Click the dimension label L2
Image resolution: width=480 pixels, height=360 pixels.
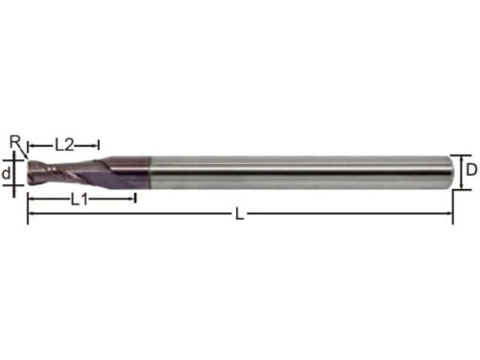click(x=64, y=145)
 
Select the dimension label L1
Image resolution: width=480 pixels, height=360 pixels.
click(x=79, y=200)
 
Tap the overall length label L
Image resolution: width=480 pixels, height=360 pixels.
click(x=239, y=214)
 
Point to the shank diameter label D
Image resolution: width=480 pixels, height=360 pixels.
click(x=471, y=170)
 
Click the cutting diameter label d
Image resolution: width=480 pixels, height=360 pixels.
click(x=6, y=174)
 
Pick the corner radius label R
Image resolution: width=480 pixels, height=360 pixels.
click(x=15, y=142)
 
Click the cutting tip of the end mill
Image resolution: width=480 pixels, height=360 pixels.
click(x=28, y=173)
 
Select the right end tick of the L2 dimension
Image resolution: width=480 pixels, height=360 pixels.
click(x=99, y=146)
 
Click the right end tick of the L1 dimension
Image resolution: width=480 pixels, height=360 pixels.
click(x=135, y=198)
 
